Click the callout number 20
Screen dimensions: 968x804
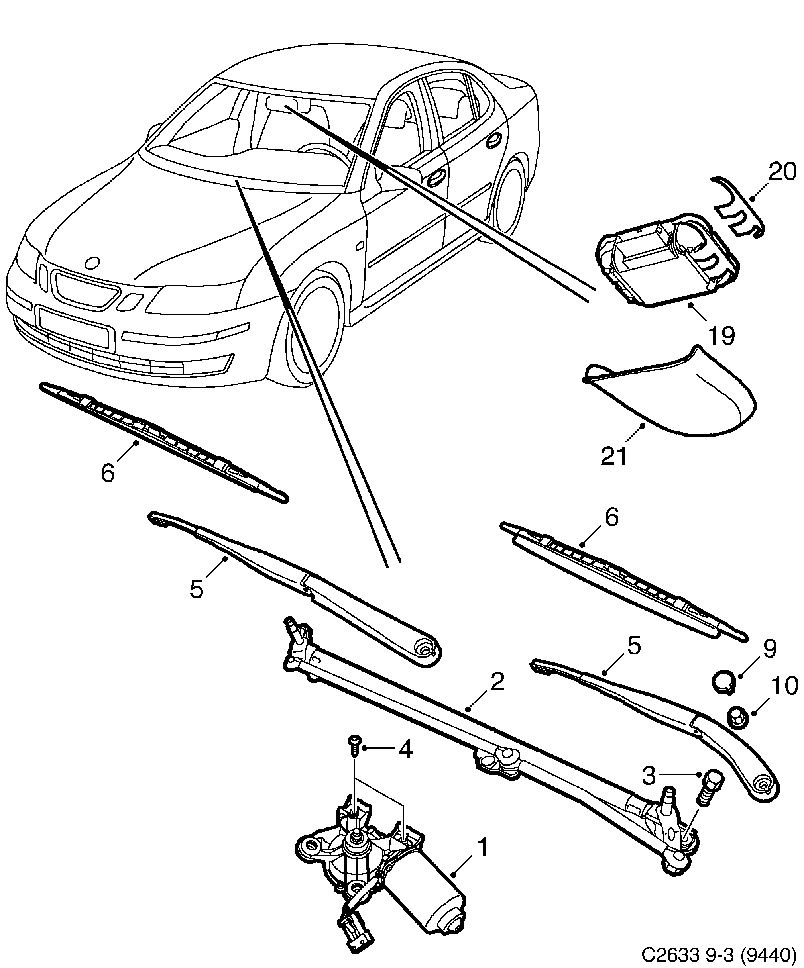782,172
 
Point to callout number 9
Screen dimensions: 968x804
769,649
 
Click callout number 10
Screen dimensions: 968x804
784,686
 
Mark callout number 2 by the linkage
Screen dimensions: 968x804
497,683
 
